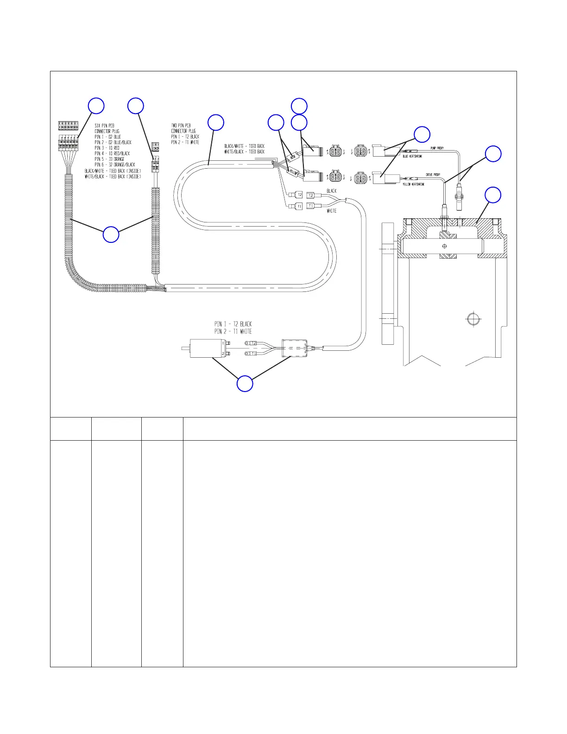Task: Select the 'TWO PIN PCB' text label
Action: pos(181,125)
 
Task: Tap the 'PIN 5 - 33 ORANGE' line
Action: pos(109,159)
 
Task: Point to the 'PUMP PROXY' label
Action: pos(437,148)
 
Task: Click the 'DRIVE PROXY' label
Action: pos(433,175)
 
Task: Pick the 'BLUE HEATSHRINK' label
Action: pos(412,157)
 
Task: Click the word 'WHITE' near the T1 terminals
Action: pos(332,211)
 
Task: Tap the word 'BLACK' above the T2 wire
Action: pos(332,191)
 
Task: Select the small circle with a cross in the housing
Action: pos(445,246)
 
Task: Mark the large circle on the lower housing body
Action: pos(472,319)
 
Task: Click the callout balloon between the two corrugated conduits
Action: pos(111,234)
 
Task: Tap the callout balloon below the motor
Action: pos(245,384)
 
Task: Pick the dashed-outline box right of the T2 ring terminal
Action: pos(293,348)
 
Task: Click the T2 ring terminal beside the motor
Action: pos(251,342)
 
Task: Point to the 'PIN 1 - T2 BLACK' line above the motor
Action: pos(233,324)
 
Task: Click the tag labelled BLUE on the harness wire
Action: pos(292,157)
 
